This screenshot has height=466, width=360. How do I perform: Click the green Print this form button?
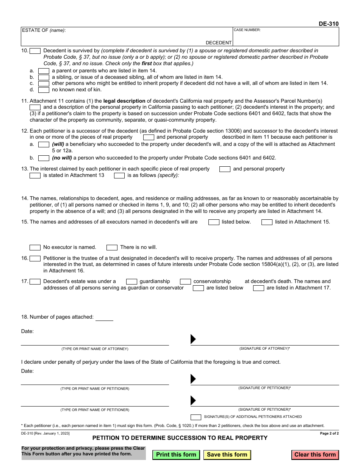(x=176, y=455)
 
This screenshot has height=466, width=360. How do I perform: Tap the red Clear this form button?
(x=315, y=455)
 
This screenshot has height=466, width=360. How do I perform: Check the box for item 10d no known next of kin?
(x=44, y=90)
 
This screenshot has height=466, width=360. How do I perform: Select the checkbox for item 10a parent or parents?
(x=44, y=71)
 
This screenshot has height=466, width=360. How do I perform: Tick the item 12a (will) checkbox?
(x=44, y=144)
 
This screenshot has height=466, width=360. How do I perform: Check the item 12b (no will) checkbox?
(x=44, y=158)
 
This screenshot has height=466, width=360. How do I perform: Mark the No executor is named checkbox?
(x=35, y=247)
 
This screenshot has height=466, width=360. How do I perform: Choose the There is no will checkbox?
(x=112, y=247)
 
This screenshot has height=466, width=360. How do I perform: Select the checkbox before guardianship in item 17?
(x=131, y=281)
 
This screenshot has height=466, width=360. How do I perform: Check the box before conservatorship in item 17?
(x=185, y=281)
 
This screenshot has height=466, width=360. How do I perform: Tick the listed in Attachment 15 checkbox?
(x=267, y=222)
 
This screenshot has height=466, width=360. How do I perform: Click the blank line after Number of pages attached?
(x=104, y=317)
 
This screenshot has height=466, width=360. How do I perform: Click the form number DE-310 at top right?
(x=329, y=24)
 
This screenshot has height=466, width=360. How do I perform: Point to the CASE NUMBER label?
(x=247, y=30)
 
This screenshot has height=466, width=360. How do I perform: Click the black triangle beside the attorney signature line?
(x=193, y=339)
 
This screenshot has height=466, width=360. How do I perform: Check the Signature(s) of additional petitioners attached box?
(x=196, y=417)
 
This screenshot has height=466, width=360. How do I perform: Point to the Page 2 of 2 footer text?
(x=329, y=433)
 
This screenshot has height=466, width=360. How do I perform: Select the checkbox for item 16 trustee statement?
(x=35, y=258)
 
